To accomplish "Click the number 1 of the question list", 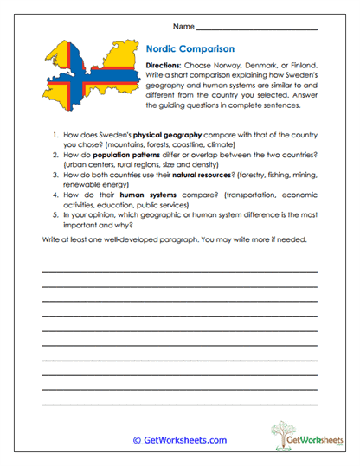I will point(55,137).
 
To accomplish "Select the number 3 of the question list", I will point(55,174).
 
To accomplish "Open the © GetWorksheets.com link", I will point(179,440).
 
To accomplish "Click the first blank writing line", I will point(179,272).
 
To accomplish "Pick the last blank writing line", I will point(179,403).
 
